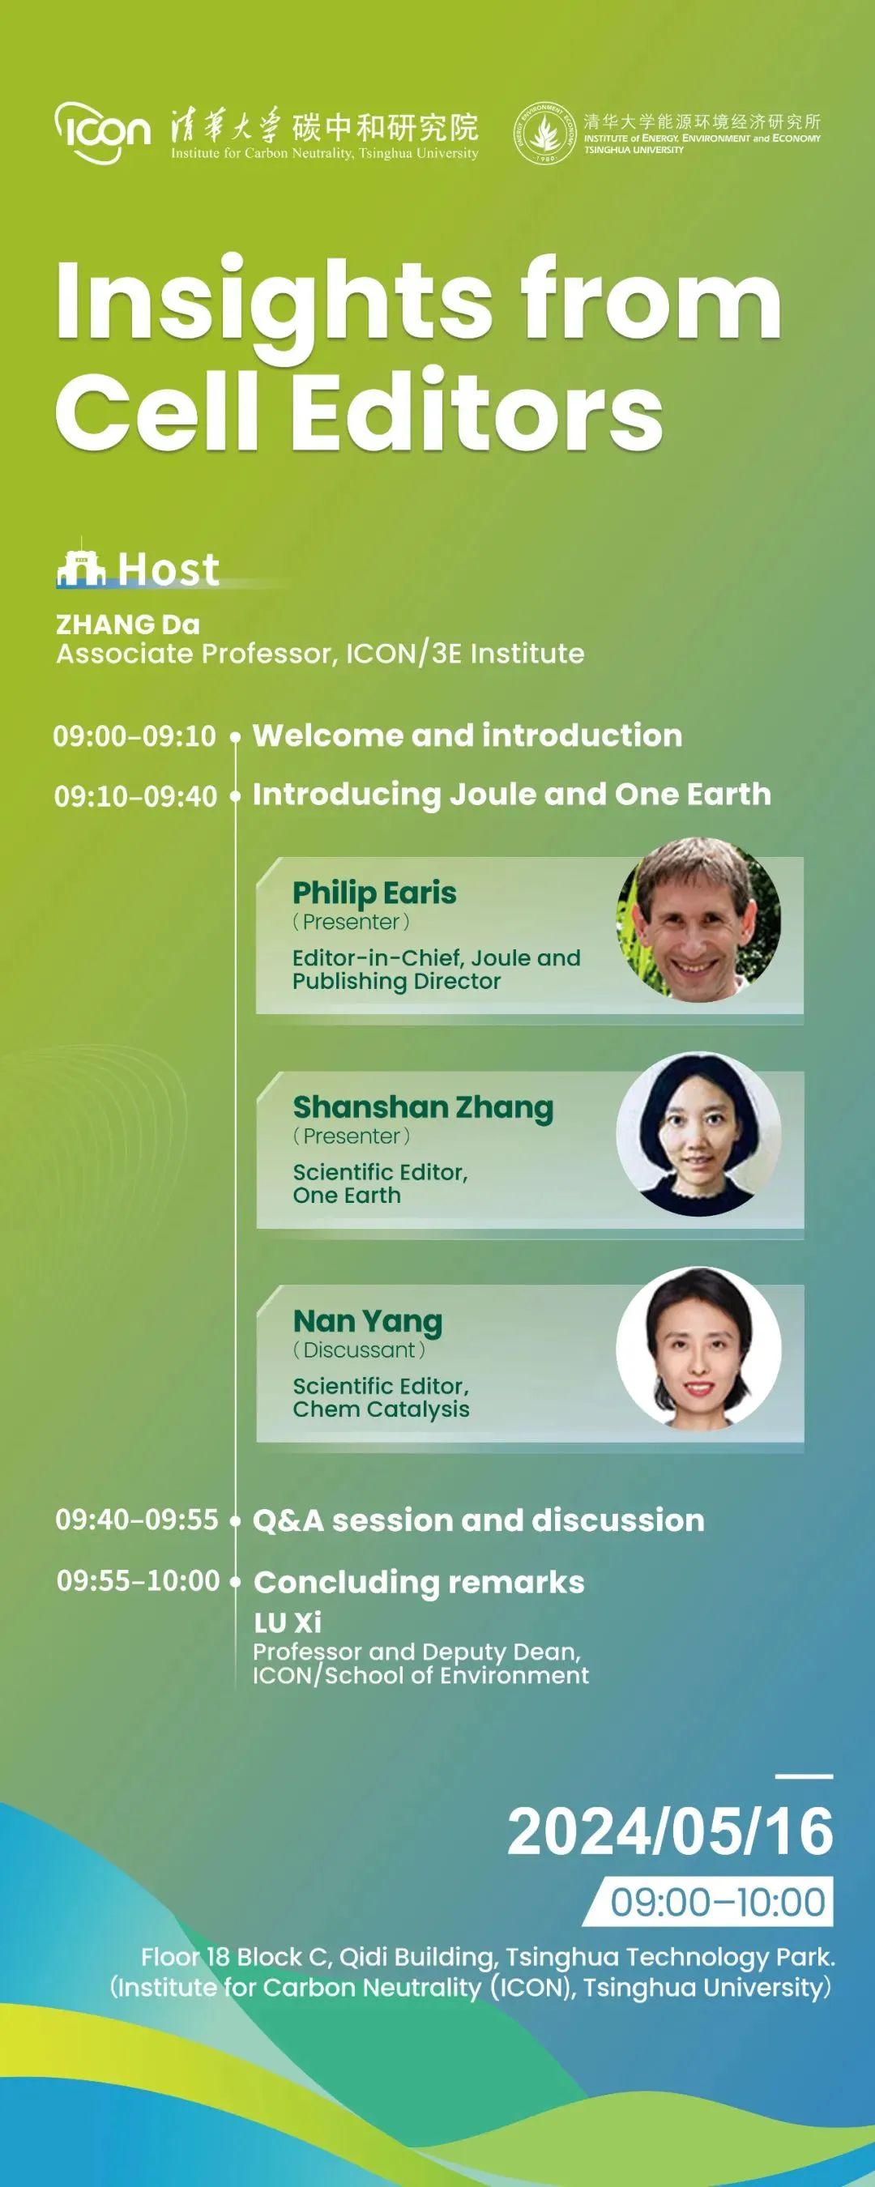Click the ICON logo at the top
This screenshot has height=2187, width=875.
coord(103,133)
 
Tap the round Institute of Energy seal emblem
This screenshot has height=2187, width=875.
coord(546,134)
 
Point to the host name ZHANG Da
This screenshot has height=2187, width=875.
coord(128,624)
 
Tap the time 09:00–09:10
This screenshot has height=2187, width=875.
coord(135,735)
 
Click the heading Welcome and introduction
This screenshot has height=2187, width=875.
coord(467,735)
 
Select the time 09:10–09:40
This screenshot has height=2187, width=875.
coord(136,796)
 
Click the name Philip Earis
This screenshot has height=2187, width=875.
coord(374,893)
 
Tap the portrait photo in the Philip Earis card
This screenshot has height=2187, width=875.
coord(698,919)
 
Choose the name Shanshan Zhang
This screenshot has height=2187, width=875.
coord(423,1108)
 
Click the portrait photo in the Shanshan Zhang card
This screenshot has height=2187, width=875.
coord(698,1134)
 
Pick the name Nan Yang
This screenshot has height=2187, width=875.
coord(368,1322)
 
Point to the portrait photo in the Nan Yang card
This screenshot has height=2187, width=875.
coord(698,1348)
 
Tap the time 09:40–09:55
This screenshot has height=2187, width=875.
coord(137,1519)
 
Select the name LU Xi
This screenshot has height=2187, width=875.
coord(288,1622)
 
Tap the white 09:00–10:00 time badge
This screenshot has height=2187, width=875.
coord(708,1903)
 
